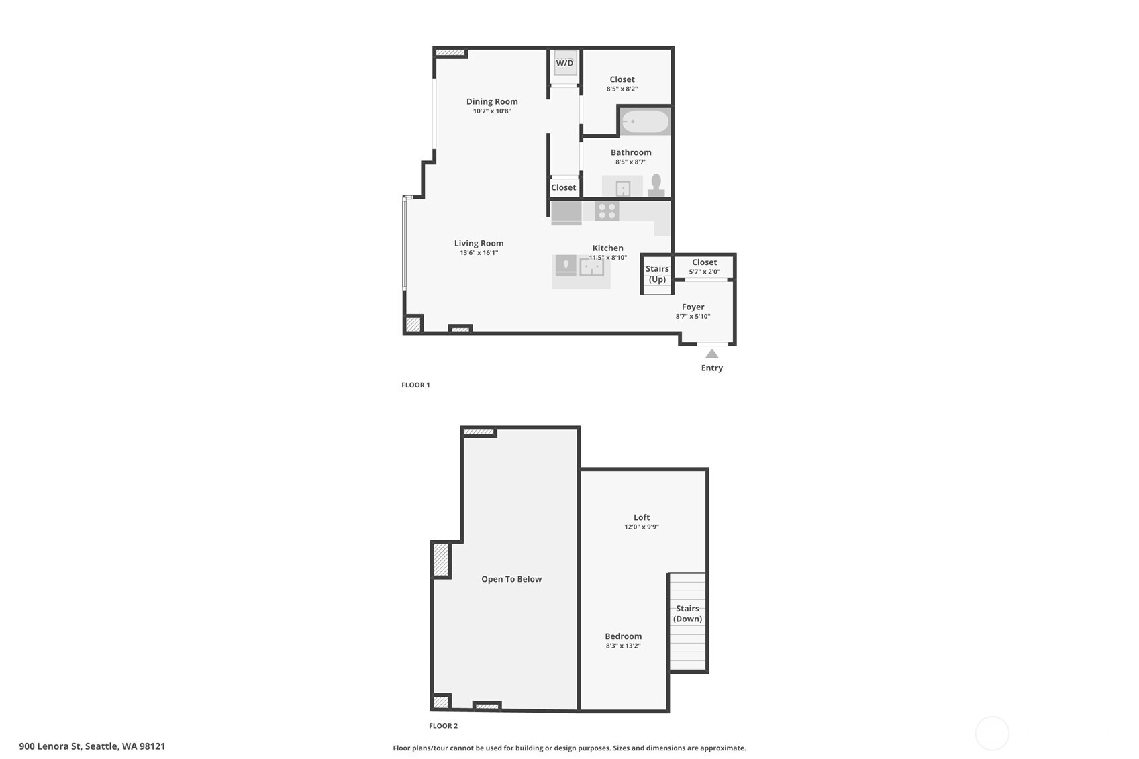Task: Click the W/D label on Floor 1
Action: [x=564, y=63]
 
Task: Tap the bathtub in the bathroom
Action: [x=645, y=121]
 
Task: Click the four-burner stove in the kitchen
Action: [x=607, y=211]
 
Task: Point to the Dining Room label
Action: [x=492, y=101]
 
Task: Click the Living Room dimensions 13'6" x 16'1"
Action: [x=479, y=253]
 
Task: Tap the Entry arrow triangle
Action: [x=712, y=354]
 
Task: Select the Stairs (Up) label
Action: [x=657, y=274]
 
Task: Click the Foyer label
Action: [x=693, y=307]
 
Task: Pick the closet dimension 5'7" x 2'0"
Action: [x=704, y=272]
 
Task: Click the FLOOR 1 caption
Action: [x=415, y=385]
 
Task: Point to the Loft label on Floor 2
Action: [x=642, y=517]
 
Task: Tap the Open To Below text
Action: [x=511, y=579]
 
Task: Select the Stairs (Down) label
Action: [x=687, y=613]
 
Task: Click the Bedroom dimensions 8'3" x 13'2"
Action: [x=623, y=646]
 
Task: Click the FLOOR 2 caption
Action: [x=443, y=725]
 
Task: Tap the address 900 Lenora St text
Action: [x=92, y=746]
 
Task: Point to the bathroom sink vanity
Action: [x=622, y=187]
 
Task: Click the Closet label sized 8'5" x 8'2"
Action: [x=622, y=79]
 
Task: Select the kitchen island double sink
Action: [x=591, y=268]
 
